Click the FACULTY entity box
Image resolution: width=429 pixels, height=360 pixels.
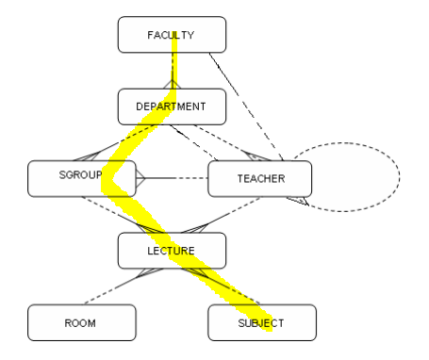point(172,35)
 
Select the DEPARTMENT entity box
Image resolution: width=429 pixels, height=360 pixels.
point(172,106)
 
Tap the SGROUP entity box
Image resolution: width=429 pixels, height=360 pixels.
point(82,178)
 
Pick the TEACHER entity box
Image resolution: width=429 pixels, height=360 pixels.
point(260,178)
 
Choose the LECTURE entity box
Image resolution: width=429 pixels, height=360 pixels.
point(172,251)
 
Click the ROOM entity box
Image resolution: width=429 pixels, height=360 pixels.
point(82,322)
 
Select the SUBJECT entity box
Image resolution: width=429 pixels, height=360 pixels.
point(262,322)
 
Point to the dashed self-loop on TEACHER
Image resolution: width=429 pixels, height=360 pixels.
point(400,176)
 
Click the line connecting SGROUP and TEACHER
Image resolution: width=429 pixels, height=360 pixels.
point(172,178)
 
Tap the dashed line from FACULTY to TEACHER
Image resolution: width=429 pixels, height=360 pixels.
point(246,106)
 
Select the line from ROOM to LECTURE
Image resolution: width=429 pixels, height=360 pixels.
point(124,286)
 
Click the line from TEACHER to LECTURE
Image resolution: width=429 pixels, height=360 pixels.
point(221,215)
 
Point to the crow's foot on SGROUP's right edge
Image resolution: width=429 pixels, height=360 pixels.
point(140,178)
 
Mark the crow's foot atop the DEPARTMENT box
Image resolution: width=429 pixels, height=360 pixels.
point(172,84)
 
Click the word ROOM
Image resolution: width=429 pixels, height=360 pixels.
point(80,323)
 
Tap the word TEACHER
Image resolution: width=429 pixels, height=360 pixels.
point(261,179)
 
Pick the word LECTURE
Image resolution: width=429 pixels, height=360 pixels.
point(171,251)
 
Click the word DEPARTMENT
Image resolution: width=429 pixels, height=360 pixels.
point(171,106)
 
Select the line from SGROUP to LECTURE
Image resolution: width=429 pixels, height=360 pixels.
point(123,215)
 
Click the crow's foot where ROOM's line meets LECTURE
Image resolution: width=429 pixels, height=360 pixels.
point(150,272)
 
